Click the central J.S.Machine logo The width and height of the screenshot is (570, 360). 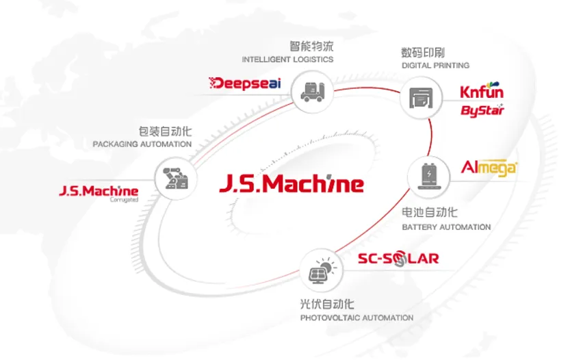pyautogui.click(x=292, y=184)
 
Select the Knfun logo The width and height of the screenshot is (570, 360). pyautogui.click(x=482, y=92)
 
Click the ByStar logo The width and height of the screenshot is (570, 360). pyautogui.click(x=482, y=110)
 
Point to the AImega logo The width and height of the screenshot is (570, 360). pyautogui.click(x=489, y=168)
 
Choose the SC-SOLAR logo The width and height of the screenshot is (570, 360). pyautogui.click(x=398, y=259)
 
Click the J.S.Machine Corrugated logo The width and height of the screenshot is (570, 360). pyautogui.click(x=99, y=192)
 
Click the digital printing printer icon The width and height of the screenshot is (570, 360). pyautogui.click(x=420, y=98)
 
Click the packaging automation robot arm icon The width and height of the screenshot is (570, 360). pyautogui.click(x=176, y=180)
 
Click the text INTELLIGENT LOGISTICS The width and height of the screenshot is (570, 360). pyautogui.click(x=287, y=60)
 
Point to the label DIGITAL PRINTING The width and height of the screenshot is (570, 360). pyautogui.click(x=435, y=66)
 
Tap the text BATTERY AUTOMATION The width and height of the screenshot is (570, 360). pyautogui.click(x=446, y=227)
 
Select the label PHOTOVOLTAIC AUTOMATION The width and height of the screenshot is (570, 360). pyautogui.click(x=357, y=318)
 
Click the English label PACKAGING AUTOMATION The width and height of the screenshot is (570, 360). pyautogui.click(x=142, y=144)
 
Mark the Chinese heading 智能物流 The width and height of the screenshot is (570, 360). pyautogui.click(x=311, y=46)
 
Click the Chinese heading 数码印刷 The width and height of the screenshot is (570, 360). pyautogui.click(x=424, y=52)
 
